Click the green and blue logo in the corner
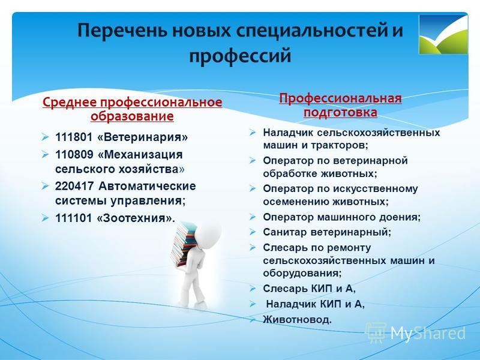click(443, 34)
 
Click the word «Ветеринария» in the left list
click(142, 137)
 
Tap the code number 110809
click(74, 154)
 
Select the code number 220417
click(74, 186)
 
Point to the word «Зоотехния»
click(134, 218)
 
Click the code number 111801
click(74, 137)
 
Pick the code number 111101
click(74, 218)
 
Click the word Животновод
click(297, 320)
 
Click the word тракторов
click(340, 145)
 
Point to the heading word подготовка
click(340, 112)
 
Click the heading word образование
click(132, 116)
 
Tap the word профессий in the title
click(239, 56)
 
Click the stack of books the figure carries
click(183, 244)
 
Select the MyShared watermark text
click(428, 333)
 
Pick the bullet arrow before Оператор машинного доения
click(252, 217)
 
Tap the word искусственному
click(375, 189)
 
